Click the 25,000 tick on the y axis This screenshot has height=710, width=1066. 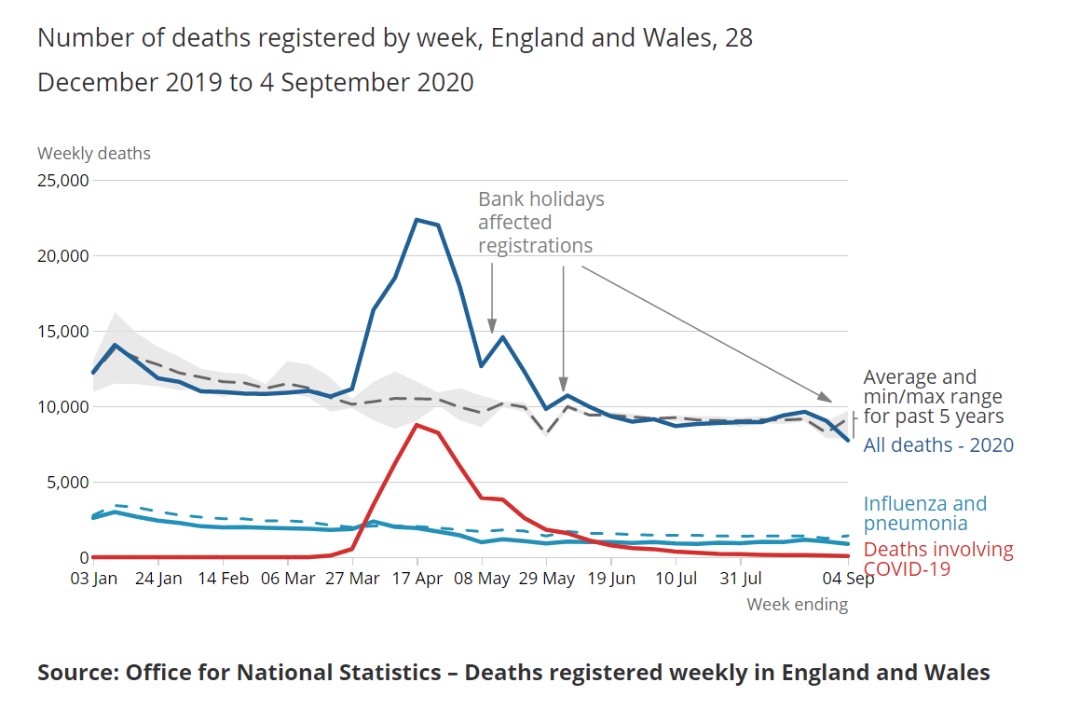[62, 180]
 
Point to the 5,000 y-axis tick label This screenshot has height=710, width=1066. [66, 483]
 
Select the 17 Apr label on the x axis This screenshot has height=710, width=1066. [417, 578]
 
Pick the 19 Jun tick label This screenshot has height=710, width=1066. [611, 578]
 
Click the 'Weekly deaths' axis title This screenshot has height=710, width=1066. [93, 154]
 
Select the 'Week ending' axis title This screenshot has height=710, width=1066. [797, 605]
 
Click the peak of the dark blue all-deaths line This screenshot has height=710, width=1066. [417, 220]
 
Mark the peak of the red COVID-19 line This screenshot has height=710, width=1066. [417, 425]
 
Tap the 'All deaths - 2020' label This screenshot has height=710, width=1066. [938, 444]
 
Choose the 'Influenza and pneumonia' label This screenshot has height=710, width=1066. [924, 513]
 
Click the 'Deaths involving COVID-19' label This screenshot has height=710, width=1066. [937, 558]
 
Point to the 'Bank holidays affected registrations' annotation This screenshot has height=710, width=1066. [540, 223]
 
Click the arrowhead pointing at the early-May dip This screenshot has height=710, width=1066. [492, 329]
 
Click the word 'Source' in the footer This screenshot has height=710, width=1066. [76, 673]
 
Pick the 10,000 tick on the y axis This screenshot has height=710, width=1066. [62, 407]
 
